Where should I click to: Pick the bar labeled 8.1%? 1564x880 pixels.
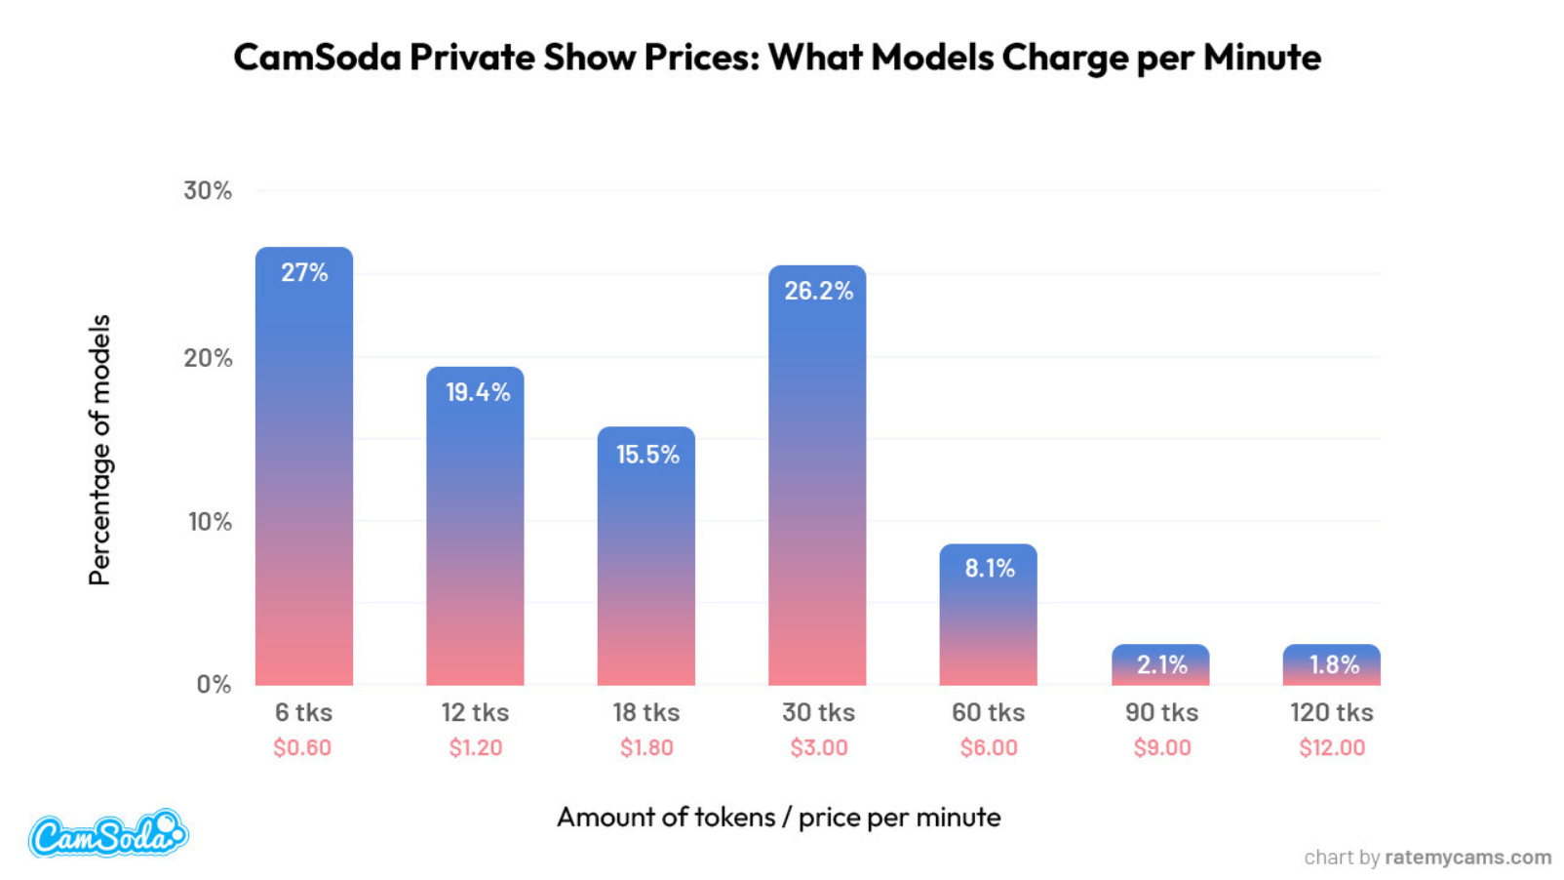click(x=988, y=615)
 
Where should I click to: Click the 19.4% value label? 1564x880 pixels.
click(x=478, y=392)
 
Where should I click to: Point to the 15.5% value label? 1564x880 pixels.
click(x=647, y=455)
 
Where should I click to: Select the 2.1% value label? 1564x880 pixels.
click(x=1161, y=665)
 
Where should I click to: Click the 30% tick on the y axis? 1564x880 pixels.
click(x=208, y=190)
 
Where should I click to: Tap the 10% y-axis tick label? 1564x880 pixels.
click(x=210, y=522)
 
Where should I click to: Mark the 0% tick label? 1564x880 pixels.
click(x=214, y=684)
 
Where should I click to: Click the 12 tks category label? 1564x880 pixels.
click(x=475, y=713)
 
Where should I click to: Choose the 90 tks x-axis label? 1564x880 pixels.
click(x=1161, y=713)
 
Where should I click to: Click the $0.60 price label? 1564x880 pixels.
click(x=302, y=748)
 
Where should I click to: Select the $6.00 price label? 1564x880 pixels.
click(x=989, y=748)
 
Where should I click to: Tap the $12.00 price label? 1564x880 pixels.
click(x=1332, y=748)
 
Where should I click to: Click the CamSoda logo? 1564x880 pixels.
click(x=107, y=834)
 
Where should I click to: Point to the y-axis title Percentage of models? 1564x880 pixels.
click(x=99, y=449)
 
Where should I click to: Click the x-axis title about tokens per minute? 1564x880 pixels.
click(x=778, y=818)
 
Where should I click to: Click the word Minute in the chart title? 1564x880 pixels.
click(x=1262, y=58)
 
